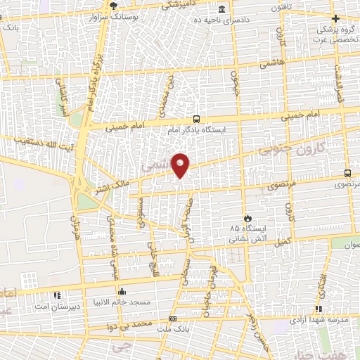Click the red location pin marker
[181, 165]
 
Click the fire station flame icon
[247, 217]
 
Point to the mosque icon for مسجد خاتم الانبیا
[122, 291]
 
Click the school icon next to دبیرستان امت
[57, 295]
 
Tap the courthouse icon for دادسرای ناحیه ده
[222, 9]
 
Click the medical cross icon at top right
[335, 18]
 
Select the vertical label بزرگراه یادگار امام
[93, 78]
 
